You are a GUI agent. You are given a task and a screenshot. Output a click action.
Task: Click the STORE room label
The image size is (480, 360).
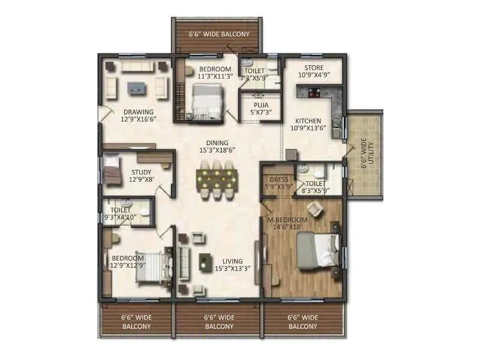(314, 68)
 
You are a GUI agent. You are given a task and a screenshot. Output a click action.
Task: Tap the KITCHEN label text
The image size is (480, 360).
(308, 121)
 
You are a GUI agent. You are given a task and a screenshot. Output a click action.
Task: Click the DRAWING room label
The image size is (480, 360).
(139, 112)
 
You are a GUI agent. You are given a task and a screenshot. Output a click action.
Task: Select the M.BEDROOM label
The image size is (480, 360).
(287, 220)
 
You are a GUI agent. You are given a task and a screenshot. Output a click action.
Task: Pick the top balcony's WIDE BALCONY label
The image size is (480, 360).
(218, 34)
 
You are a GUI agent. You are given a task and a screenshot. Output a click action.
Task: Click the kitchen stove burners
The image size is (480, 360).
(314, 92)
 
